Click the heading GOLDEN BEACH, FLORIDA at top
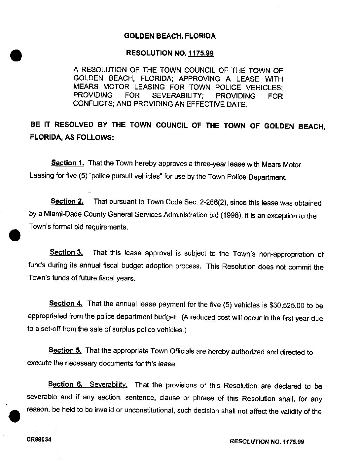click(170, 36)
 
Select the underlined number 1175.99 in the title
click(201, 53)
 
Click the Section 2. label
click(67, 201)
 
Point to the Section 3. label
click(66, 253)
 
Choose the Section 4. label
click(66, 303)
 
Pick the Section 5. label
click(65, 350)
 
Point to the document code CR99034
click(39, 440)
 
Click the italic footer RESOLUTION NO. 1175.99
click(267, 442)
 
